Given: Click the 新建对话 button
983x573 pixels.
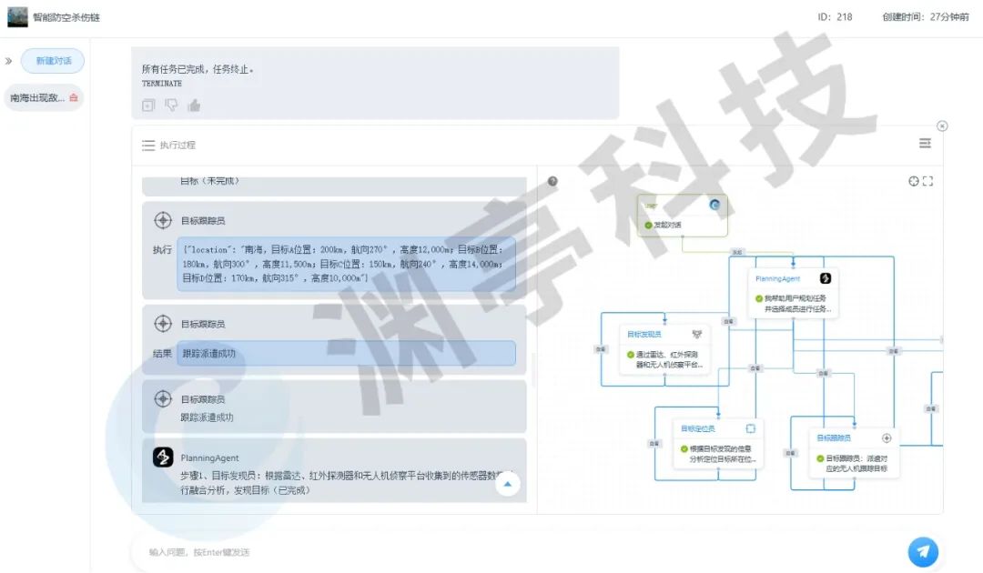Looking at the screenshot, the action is pos(53,61).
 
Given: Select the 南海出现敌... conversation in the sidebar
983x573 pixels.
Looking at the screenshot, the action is pos(38,97).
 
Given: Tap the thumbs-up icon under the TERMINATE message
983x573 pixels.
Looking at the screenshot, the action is pos(194,106).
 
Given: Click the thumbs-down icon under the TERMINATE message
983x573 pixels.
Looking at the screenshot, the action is pos(171,106).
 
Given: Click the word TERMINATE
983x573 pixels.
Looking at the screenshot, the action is pos(162,84).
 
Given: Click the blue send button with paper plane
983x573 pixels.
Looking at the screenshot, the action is pos(923,551).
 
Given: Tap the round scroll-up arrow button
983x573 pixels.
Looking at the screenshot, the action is pos(507,485).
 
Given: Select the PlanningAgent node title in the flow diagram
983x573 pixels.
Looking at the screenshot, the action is pos(777,278).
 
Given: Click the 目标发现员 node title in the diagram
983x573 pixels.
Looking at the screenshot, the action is pos(644,334).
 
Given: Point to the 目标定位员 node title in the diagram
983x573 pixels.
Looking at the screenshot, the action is pos(698,428).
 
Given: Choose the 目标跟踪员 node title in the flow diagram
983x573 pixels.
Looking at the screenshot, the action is pos(834,437).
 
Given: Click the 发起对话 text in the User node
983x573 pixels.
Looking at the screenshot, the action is pos(667,225).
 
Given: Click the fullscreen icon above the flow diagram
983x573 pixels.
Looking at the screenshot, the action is pos(927,181).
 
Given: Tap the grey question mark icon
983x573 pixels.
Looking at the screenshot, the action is pos(552,181).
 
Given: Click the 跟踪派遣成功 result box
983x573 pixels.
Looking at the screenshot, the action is pos(346,353).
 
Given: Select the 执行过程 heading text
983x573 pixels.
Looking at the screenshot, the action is pos(177,145).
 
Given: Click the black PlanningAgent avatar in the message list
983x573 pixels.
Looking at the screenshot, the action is pos(163,457).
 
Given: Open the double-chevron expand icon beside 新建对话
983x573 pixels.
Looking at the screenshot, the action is pos(9,61).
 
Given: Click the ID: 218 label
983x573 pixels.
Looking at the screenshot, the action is pos(835,16).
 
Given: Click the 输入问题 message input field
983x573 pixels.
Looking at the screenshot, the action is pos(510,551).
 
